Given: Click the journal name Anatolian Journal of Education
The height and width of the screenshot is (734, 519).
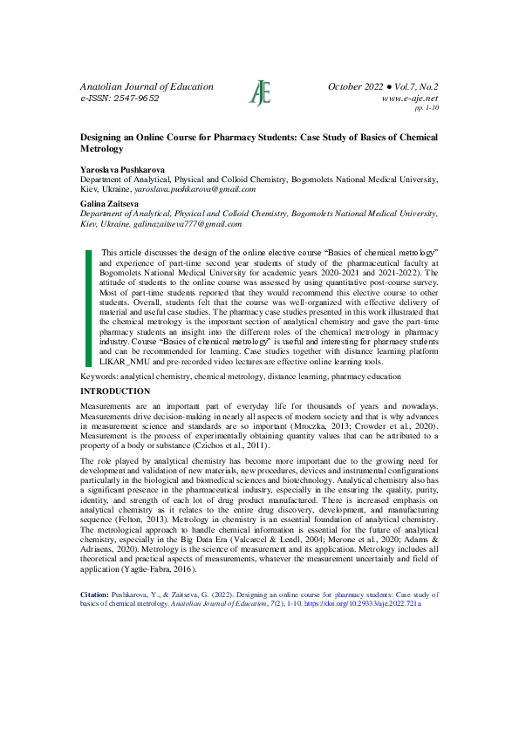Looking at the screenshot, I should coord(147,87).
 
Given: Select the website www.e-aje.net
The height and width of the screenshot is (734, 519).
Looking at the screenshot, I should coord(410,99).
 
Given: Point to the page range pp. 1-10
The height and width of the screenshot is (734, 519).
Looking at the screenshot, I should coord(427,109).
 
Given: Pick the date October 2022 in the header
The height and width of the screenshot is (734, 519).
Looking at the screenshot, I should coord(360,87).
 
